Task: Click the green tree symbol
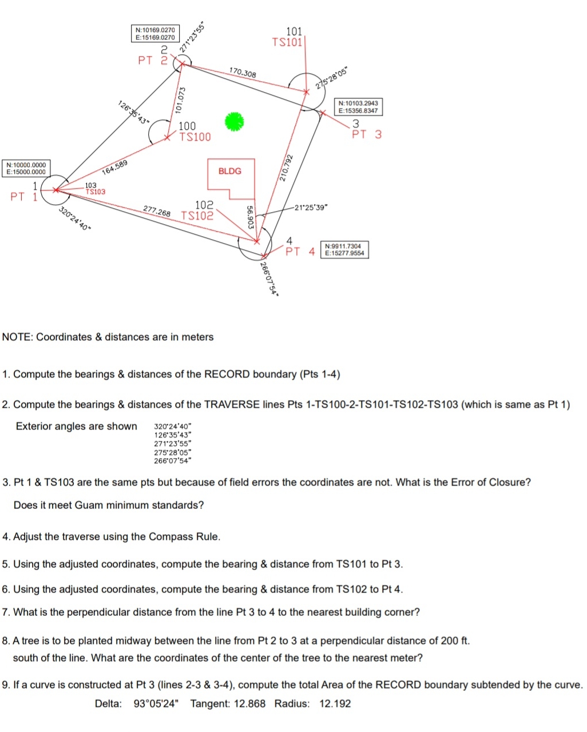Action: (x=233, y=121)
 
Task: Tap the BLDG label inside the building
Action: (x=230, y=171)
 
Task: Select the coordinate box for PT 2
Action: (x=155, y=33)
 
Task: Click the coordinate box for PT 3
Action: (x=358, y=106)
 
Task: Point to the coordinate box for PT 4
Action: (x=344, y=249)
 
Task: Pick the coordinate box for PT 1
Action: (x=26, y=168)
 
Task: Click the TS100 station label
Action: (x=195, y=137)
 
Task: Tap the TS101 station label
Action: (x=287, y=42)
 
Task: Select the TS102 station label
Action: (x=197, y=216)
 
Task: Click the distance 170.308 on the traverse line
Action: (x=243, y=73)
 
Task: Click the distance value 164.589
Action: (x=114, y=168)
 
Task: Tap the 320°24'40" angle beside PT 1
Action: (x=75, y=218)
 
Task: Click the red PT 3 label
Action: (x=366, y=135)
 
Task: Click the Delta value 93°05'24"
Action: (x=156, y=703)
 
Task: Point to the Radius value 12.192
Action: (x=335, y=703)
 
